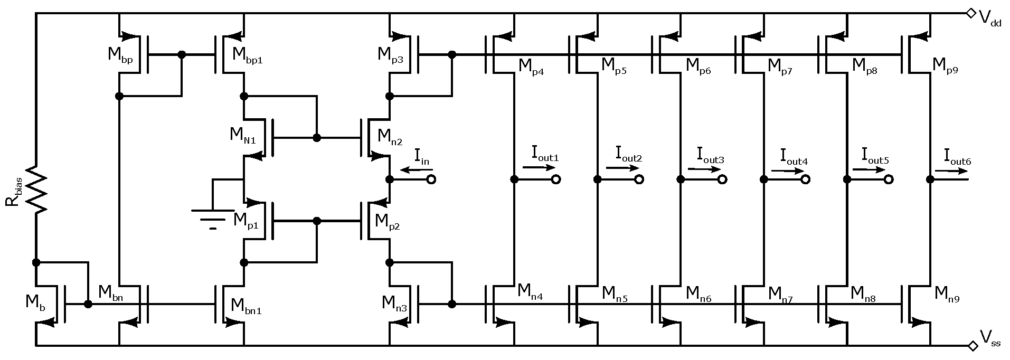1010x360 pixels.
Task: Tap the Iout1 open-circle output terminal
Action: (x=555, y=179)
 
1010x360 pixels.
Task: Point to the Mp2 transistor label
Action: (x=387, y=221)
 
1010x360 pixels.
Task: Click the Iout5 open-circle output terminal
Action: (x=889, y=179)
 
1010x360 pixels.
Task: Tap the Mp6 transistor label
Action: (x=698, y=66)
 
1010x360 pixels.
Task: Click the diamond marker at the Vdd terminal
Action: (x=970, y=13)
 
